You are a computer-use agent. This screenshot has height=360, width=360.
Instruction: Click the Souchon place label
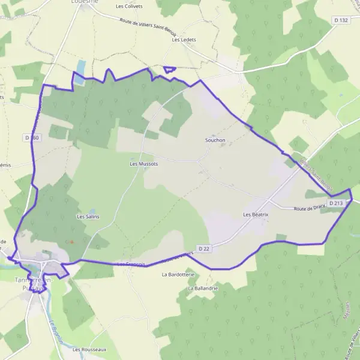[x=215, y=140]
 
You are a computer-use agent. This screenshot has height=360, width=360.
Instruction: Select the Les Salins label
[x=88, y=216]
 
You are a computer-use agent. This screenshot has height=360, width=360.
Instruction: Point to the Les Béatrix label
[x=256, y=214]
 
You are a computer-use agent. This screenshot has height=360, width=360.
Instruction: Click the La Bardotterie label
[x=175, y=274]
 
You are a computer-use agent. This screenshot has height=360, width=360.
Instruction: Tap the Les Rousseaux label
[x=89, y=349]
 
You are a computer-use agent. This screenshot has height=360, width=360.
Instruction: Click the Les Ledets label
[x=184, y=40]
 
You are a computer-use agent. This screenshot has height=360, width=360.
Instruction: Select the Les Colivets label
[x=130, y=6]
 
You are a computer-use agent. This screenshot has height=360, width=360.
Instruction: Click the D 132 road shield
[x=341, y=20]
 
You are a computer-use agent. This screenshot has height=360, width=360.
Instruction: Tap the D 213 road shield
[x=337, y=203]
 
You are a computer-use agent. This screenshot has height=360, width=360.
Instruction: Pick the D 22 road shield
[x=204, y=249]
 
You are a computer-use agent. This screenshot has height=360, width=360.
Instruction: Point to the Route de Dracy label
[x=310, y=208]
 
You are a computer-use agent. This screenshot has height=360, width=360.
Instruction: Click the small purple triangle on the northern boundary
[x=170, y=69]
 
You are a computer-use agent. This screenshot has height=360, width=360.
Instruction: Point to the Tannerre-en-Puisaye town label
[x=34, y=284]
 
